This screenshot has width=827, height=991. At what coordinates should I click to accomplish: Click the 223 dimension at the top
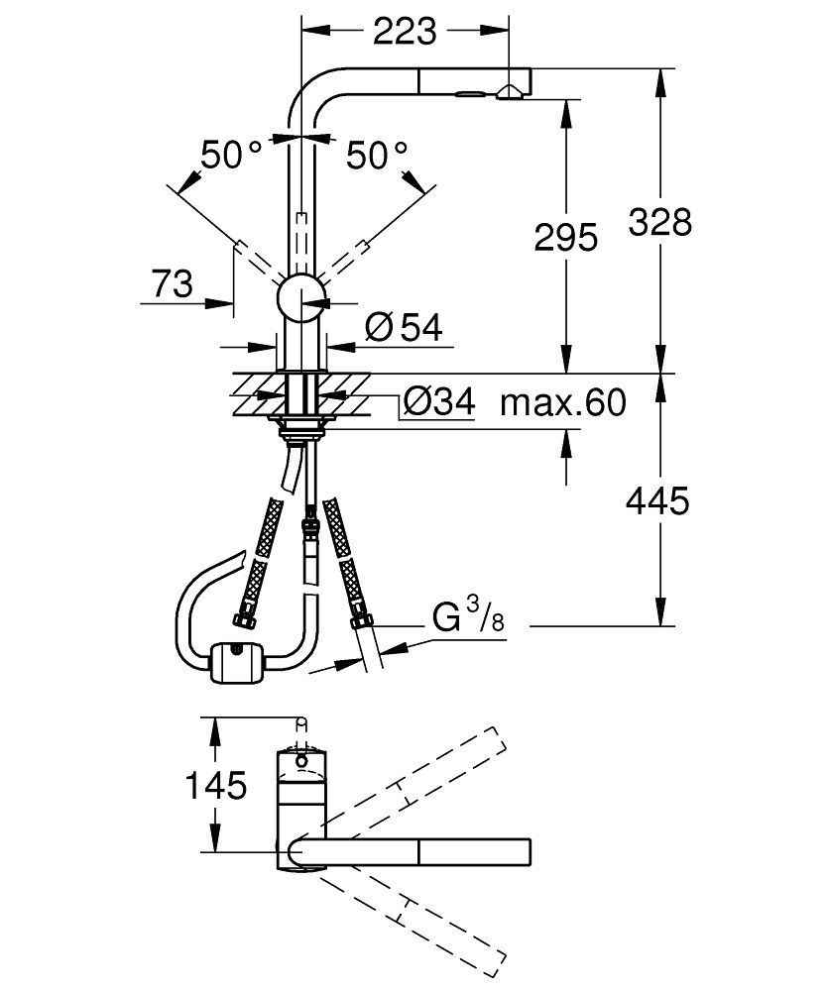404,32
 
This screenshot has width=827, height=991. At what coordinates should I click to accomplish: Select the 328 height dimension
660,222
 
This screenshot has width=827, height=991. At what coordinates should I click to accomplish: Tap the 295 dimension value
566,237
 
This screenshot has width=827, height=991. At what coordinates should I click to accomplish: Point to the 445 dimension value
656,501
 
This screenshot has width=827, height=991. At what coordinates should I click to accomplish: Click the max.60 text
562,403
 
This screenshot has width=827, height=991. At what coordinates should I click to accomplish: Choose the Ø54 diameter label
402,327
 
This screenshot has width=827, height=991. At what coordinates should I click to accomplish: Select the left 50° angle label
231,155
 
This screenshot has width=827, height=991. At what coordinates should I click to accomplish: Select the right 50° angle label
376,155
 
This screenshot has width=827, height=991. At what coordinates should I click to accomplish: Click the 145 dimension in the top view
217,786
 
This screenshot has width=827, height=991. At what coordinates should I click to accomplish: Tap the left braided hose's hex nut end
241,621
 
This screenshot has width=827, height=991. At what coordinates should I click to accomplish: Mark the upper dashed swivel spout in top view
416,782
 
